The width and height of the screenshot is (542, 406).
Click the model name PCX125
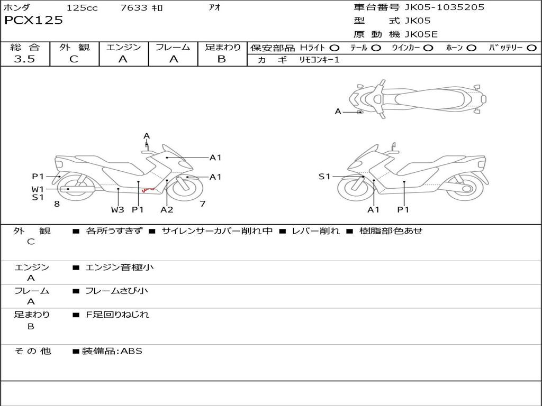point(33,20)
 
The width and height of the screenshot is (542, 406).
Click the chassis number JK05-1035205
point(444,7)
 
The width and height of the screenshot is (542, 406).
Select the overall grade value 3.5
point(24,59)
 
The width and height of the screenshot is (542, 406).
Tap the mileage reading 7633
point(134,7)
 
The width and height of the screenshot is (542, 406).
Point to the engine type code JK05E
point(421,34)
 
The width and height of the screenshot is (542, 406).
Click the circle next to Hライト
point(335,48)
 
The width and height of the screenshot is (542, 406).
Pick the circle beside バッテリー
point(531,48)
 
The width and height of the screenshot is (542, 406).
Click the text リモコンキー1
point(319,60)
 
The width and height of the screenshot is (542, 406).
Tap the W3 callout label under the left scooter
point(118,209)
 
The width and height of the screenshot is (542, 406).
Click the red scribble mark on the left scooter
point(149,190)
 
